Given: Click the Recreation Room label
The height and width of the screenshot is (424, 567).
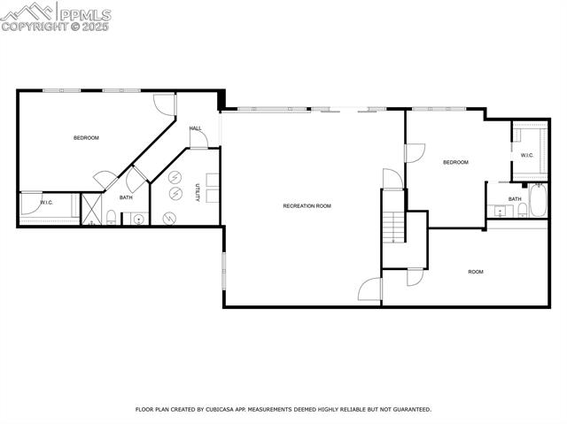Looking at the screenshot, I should tap(307, 206).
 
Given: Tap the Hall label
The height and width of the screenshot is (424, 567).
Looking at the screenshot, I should tap(196, 128).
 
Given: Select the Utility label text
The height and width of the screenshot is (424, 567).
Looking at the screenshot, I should tap(198, 192).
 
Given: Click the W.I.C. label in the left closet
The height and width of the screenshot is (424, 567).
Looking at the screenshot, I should tap(47, 204).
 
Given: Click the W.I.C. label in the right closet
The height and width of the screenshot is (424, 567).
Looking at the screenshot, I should tap(526, 156).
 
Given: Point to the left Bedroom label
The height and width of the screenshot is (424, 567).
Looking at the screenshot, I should tap(86, 138).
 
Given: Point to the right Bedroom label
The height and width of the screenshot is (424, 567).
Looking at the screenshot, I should tap(455, 162).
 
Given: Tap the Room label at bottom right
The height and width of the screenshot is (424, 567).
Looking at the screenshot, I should tap(476, 272).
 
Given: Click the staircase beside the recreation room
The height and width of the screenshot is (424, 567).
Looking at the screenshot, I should tap(392, 227).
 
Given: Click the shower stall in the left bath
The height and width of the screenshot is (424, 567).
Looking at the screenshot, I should tap(91, 210).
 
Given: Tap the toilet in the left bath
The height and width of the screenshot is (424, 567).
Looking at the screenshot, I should tap(111, 218).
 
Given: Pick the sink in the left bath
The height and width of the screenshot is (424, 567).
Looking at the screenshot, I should tap(139, 218).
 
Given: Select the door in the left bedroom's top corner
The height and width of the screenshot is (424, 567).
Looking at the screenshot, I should tap(165, 104).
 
